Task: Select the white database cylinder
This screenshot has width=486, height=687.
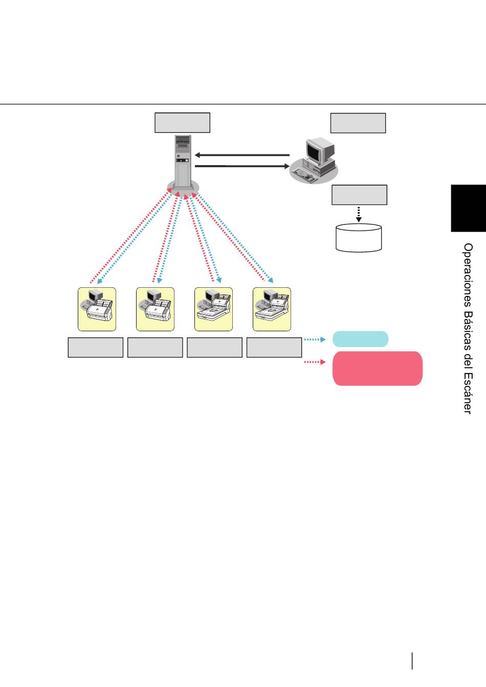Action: [x=359, y=238]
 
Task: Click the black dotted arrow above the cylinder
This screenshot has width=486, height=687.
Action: [x=359, y=214]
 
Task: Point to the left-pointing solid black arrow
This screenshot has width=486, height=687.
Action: [x=242, y=155]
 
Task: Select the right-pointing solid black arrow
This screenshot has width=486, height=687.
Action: [x=242, y=166]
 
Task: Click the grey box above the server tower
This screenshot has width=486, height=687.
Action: [x=182, y=123]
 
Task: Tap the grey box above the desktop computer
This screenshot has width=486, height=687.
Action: [x=358, y=123]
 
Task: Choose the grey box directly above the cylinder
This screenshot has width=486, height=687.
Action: [x=359, y=195]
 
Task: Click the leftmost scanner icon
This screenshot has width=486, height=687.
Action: [x=97, y=309]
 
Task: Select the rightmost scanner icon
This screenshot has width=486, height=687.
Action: [x=272, y=309]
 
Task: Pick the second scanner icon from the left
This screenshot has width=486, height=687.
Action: [x=155, y=309]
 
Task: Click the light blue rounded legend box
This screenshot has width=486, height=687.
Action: [x=361, y=339]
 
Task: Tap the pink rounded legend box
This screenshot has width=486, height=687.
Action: [x=378, y=369]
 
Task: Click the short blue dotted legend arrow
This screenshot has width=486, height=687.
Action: [x=315, y=339]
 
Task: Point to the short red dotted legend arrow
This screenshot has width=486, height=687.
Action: [x=315, y=362]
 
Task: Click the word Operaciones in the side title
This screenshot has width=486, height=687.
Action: [x=468, y=275]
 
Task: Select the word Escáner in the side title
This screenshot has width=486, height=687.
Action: [x=468, y=393]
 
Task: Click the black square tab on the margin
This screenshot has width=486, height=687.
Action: [x=469, y=208]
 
